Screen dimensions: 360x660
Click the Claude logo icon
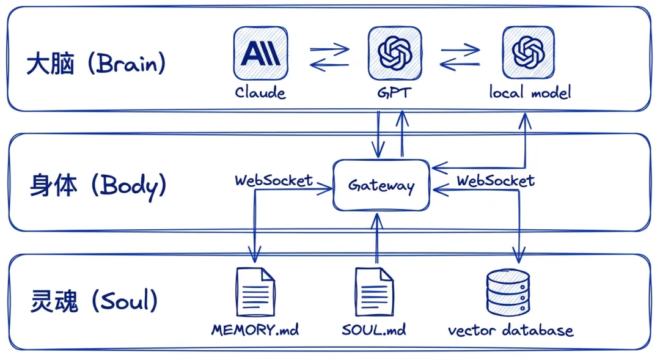[x=260, y=53]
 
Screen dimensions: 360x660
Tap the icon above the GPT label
[x=395, y=53]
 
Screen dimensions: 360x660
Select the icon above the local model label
[x=529, y=53]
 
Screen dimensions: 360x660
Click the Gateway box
[x=381, y=185]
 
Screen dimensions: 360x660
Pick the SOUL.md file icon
[x=374, y=292]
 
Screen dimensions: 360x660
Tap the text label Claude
[x=260, y=93]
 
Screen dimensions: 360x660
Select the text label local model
[x=530, y=93]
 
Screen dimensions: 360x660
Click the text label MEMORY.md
[x=255, y=331]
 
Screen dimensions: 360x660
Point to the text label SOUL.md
[x=374, y=331]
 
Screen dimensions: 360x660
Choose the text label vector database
[x=510, y=331]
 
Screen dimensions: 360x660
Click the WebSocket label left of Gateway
[x=274, y=180]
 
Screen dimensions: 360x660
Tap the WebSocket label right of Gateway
[x=496, y=180]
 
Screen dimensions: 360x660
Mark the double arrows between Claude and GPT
[x=329, y=56]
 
